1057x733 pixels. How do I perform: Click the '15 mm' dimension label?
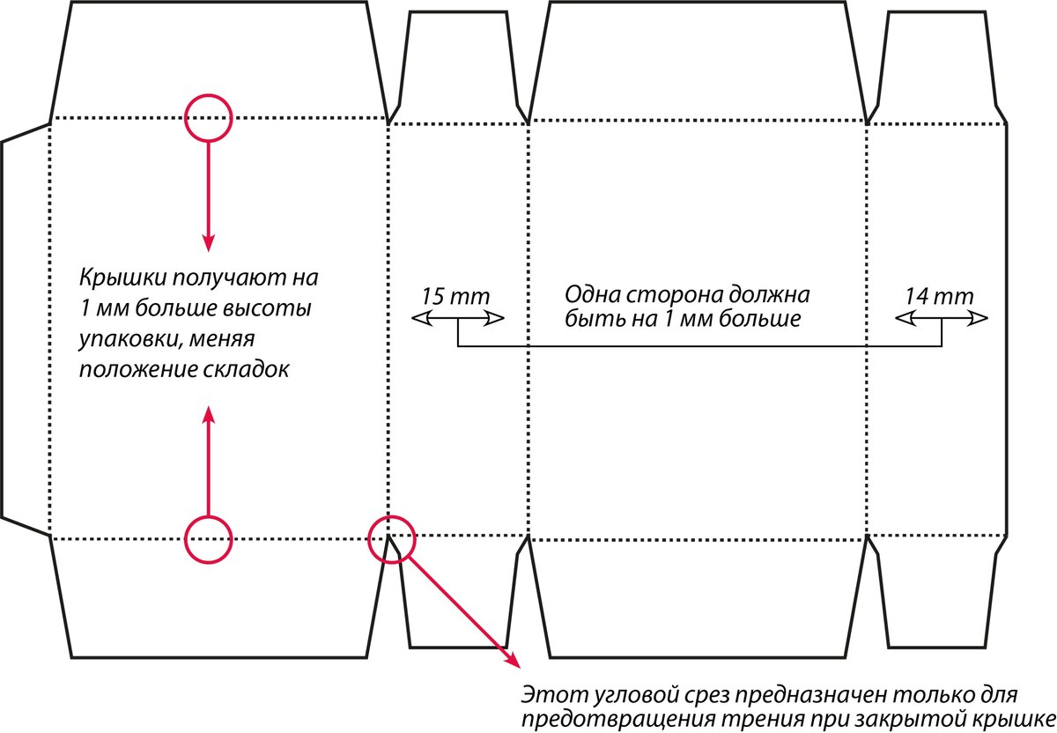tap(455, 295)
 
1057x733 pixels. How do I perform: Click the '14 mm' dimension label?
tap(939, 295)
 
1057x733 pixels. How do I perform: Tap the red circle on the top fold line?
tap(208, 117)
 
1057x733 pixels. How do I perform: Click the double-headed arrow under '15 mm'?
tap(458, 319)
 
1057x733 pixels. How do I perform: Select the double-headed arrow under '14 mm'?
tap(942, 319)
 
